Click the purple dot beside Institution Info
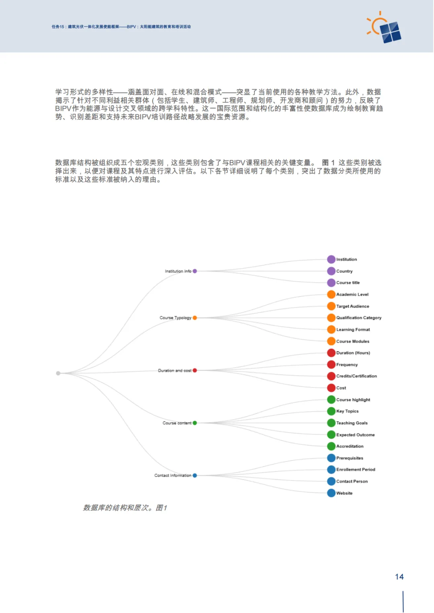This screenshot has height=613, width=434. tap(195, 271)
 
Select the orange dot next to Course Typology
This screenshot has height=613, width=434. tap(195, 318)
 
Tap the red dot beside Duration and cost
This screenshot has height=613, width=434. tap(195, 371)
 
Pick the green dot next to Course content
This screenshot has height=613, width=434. tap(195, 423)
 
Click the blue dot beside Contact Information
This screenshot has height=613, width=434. tap(195, 476)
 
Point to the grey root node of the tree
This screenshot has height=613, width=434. tap(58, 373)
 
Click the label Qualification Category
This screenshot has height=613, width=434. tap(358, 318)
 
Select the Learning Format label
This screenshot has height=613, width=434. tap(353, 330)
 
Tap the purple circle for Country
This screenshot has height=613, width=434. tap(331, 271)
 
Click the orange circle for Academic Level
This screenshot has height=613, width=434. tap(331, 295)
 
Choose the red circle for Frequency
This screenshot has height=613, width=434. tap(331, 365)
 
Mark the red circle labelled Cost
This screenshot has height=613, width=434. tap(331, 388)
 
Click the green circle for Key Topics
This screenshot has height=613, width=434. tap(331, 411)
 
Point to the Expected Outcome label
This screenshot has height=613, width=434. tap(355, 435)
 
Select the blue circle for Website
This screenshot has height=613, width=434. tap(331, 493)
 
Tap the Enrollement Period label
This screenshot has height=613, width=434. tap(356, 470)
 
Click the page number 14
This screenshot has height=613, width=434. tap(399, 577)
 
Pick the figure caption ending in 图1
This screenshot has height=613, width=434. tap(125, 508)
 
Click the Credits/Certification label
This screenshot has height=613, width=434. tap(356, 376)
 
